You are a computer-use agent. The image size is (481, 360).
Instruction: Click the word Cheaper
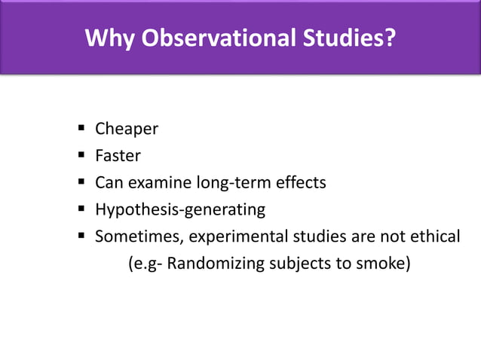tap(126, 129)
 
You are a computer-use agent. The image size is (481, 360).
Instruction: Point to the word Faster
tap(118, 156)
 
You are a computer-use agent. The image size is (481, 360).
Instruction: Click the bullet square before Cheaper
tap(79, 129)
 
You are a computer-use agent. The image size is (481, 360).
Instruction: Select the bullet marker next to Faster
tap(79, 156)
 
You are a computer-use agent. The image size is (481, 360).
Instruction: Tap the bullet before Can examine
tap(79, 183)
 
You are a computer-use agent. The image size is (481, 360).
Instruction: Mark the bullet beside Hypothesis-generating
tap(79, 209)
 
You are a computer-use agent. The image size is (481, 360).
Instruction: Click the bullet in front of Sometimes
tap(79, 236)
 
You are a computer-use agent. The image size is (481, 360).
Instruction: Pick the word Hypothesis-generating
tap(180, 210)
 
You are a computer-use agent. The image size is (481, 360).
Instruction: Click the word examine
tap(159, 183)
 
